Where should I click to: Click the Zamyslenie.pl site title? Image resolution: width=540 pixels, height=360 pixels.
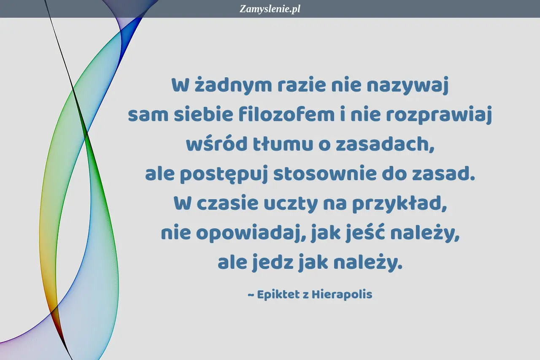pos(270,9)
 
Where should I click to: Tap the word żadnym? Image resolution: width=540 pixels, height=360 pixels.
pos(233,85)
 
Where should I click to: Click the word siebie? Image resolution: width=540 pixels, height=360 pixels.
pos(203,114)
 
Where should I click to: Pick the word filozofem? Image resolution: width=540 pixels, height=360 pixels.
pos(286,114)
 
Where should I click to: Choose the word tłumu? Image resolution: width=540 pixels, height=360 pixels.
pos(283,144)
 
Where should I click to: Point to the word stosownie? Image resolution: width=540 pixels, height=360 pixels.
pos(325,173)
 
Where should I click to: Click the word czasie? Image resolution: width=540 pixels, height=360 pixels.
pos(227,203)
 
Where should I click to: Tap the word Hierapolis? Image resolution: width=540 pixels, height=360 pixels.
pos(342,295)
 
